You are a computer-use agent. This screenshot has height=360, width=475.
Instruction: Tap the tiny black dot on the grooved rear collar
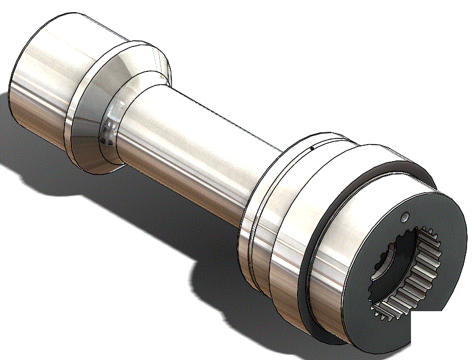[312, 147]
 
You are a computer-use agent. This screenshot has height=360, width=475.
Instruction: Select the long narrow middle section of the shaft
[195, 146]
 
